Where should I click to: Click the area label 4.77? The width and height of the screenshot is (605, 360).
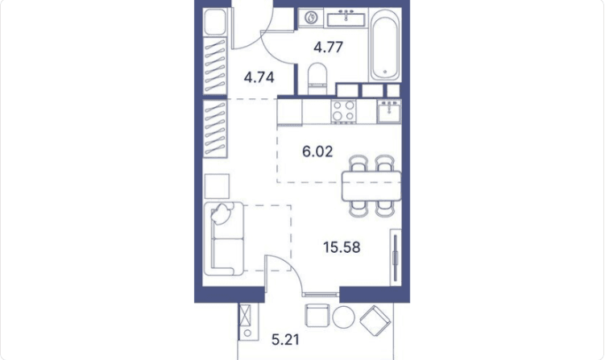(x=329, y=47)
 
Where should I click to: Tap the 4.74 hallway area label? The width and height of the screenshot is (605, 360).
(x=259, y=77)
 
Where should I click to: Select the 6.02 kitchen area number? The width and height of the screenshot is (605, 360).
(x=317, y=151)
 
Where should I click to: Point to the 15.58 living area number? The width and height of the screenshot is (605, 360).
(x=342, y=247)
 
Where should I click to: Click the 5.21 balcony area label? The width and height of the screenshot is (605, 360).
(x=285, y=340)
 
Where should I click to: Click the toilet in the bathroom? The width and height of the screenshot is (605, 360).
(x=318, y=78)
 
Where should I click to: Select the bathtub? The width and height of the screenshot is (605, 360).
(x=385, y=45)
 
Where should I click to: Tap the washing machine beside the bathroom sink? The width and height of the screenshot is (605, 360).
(x=311, y=18)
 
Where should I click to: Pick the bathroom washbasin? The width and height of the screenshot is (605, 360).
(x=347, y=19)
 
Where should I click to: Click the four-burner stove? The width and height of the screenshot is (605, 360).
(x=344, y=111)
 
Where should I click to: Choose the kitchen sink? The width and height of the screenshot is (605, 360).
(x=389, y=111)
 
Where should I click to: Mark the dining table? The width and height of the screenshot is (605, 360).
(x=371, y=186)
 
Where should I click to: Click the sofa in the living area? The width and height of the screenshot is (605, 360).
(x=224, y=239)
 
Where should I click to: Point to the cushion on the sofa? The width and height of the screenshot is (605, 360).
(x=221, y=213)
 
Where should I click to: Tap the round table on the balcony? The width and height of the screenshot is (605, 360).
(x=343, y=317)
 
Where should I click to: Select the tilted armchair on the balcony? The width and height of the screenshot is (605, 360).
(x=375, y=320)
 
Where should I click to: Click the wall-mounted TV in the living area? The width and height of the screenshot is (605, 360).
(x=395, y=258)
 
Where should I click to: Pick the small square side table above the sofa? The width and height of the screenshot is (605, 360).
(x=217, y=186)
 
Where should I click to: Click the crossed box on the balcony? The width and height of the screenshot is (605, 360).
(x=245, y=314)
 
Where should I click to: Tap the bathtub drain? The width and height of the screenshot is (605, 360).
(x=385, y=72)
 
